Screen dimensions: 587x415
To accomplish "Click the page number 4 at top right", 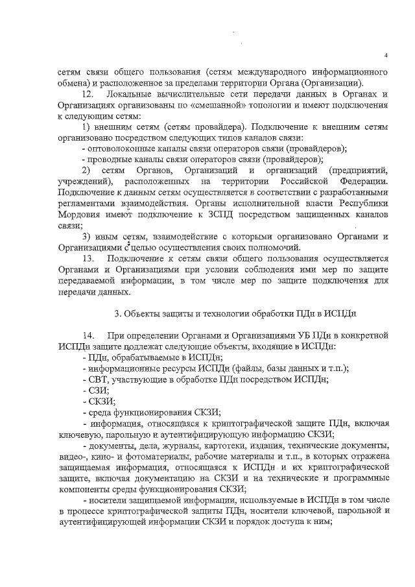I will (x=386, y=55).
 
